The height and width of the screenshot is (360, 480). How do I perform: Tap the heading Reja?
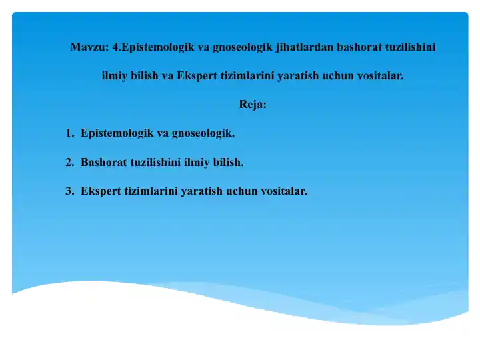253,105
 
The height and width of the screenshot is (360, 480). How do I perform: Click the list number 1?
69,133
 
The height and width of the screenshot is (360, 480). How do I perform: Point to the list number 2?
69,162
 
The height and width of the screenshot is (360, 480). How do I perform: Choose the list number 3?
69,191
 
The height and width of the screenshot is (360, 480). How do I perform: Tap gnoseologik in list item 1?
203,133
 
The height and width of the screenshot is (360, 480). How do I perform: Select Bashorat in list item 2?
102,162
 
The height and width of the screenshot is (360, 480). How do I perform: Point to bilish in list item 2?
229,162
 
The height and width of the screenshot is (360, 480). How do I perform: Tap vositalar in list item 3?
283,191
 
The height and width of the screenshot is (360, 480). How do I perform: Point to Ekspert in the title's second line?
197,75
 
